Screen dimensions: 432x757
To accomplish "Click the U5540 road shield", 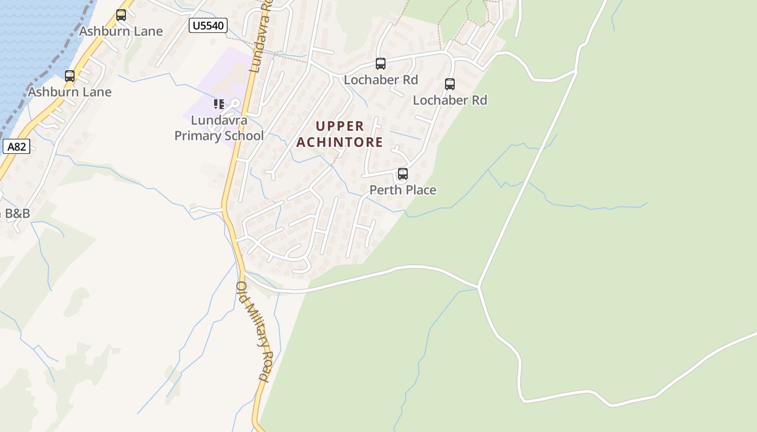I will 208,25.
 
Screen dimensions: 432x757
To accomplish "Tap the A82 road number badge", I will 16,146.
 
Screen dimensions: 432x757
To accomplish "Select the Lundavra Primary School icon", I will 218,104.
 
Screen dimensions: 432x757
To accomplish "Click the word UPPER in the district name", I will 340,126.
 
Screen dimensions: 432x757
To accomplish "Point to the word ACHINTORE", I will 340,143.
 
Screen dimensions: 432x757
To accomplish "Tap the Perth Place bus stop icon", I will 402,174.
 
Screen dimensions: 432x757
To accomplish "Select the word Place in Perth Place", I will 419,190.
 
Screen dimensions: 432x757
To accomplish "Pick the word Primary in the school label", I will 197,136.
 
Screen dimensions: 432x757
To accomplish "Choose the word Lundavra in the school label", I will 218,120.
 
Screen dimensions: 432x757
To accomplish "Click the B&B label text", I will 17,213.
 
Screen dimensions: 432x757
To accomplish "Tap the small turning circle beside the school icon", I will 235,103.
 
